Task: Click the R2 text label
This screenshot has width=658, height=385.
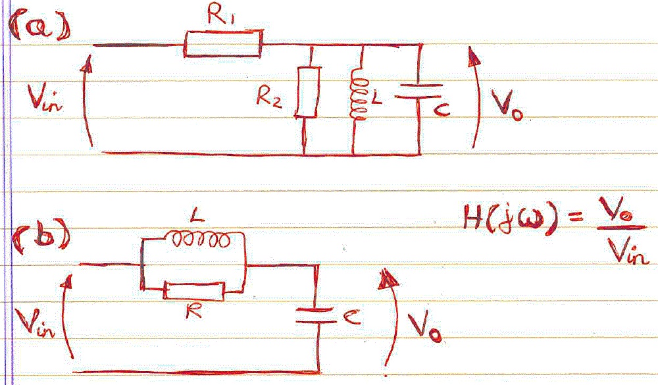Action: coord(268,99)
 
